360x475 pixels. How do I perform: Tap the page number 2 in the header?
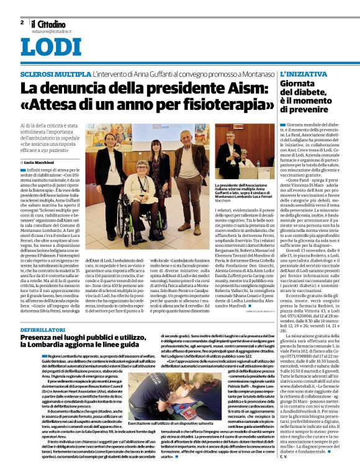(x=22, y=22)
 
